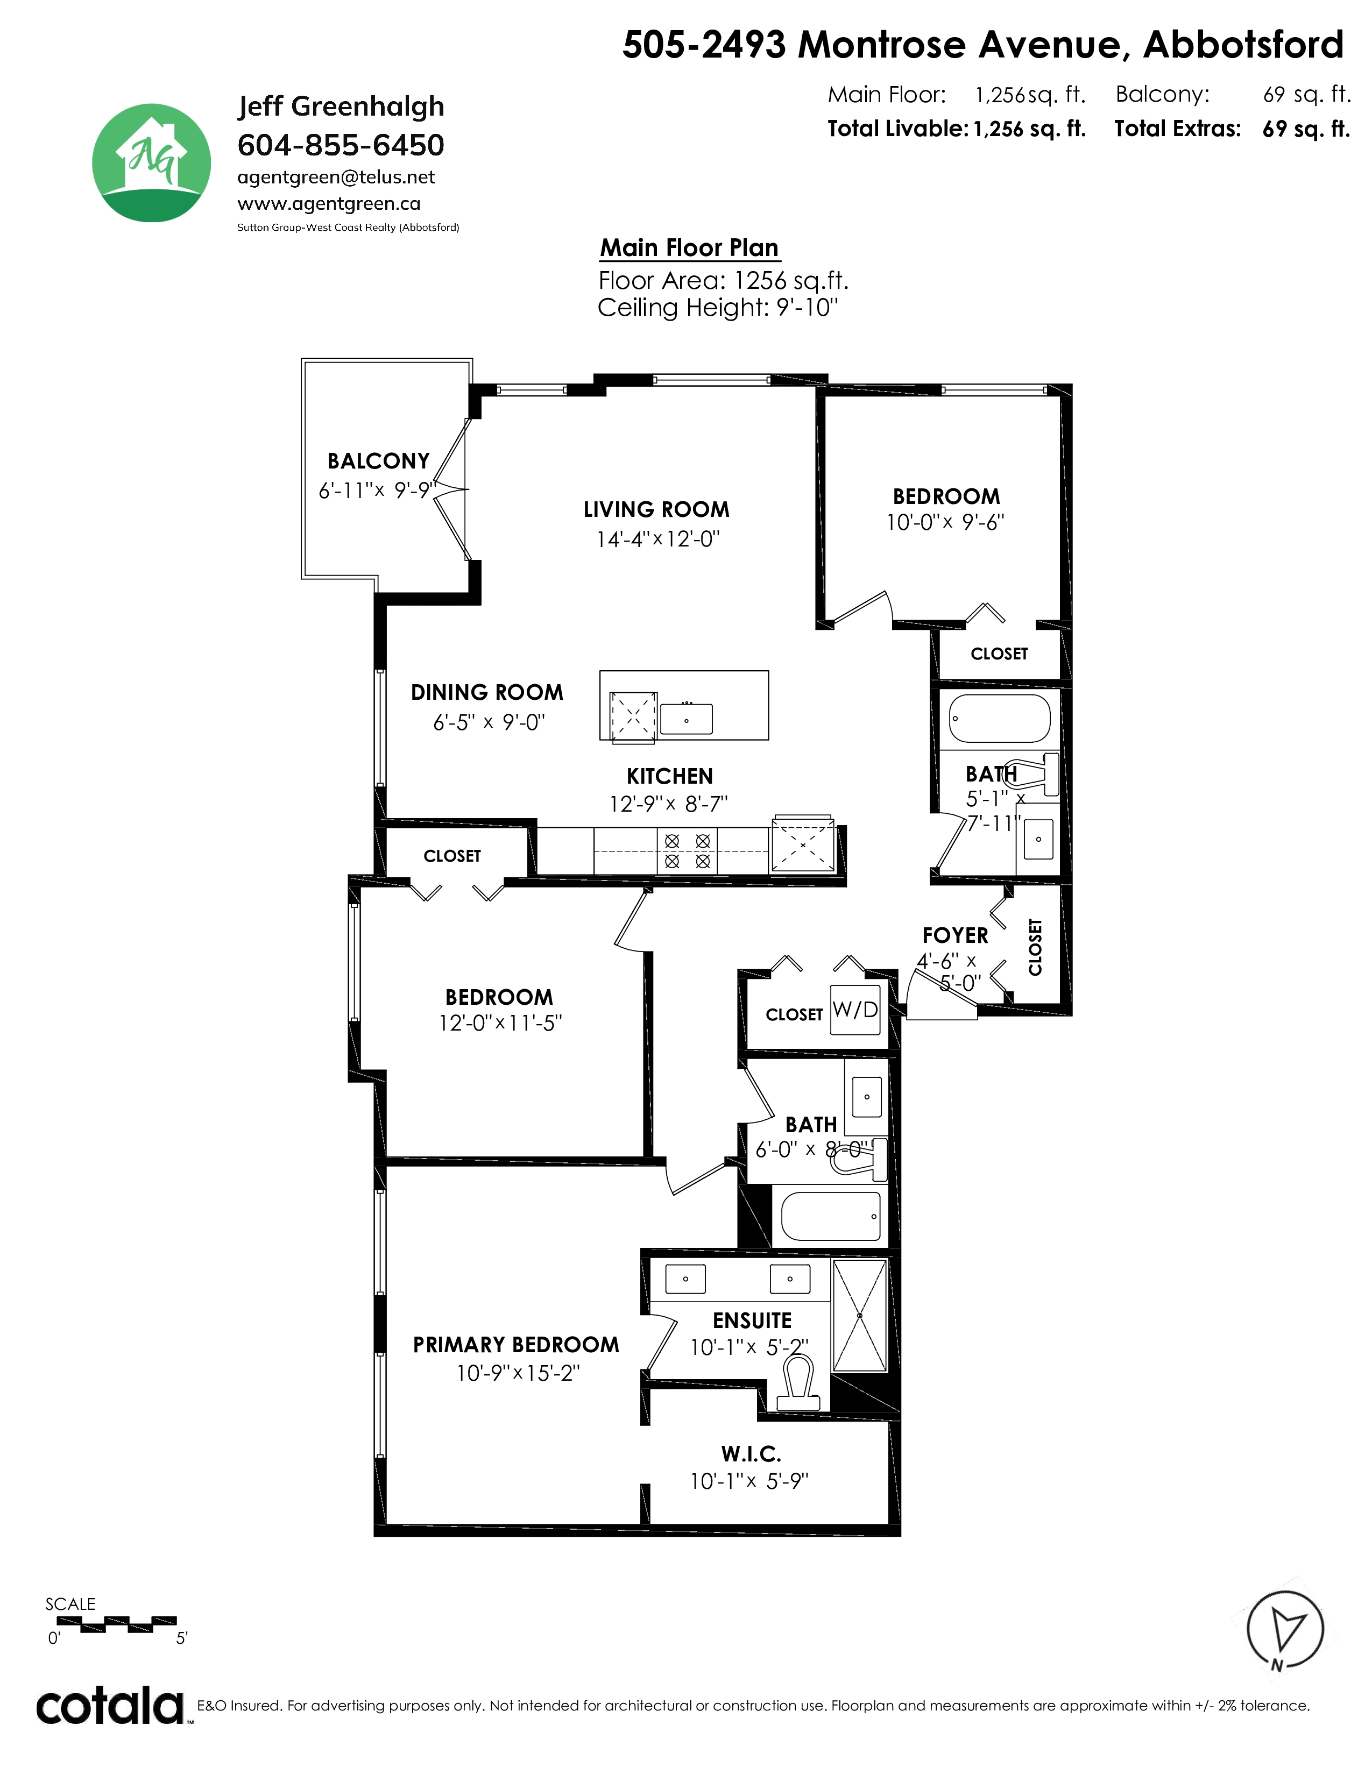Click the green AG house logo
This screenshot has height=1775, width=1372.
tap(151, 162)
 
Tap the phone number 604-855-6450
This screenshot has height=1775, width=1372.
tap(341, 145)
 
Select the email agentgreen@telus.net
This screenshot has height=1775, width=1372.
tap(336, 177)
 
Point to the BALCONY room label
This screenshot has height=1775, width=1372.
tap(378, 461)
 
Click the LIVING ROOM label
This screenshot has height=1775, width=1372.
tap(657, 509)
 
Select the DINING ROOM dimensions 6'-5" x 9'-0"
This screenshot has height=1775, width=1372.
tap(489, 722)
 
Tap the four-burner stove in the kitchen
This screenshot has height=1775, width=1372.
tap(688, 851)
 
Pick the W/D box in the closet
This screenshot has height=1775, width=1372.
tap(855, 1010)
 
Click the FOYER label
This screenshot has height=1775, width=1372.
tap(955, 935)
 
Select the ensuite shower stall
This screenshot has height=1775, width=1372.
tap(859, 1316)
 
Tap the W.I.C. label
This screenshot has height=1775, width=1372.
tap(751, 1454)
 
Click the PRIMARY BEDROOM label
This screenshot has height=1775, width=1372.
tap(516, 1345)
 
